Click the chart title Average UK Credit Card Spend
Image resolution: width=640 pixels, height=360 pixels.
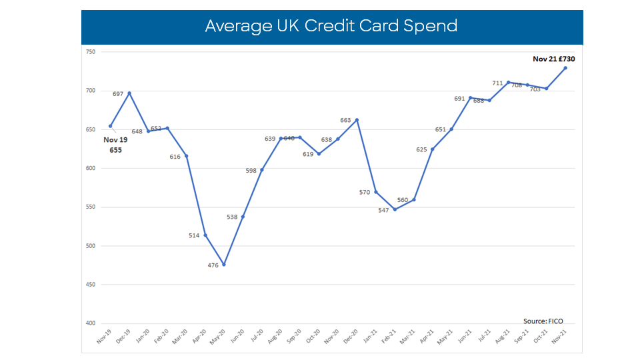coord(331,26)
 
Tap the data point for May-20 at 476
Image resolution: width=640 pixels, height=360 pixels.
coord(224,265)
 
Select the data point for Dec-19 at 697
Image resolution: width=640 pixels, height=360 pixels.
coord(129,93)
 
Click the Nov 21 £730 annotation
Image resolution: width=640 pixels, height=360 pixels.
coord(553,59)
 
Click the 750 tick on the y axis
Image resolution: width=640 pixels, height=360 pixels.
coord(91,52)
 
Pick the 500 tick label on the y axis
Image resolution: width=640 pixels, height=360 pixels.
coord(91,246)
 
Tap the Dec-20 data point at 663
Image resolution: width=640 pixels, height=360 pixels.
coord(357,120)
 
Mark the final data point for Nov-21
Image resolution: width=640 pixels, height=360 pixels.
coord(565,68)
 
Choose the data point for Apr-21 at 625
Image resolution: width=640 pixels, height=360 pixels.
coord(433,149)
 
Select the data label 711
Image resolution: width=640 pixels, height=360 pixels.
coord(497,83)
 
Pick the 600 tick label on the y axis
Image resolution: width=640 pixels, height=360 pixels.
coord(91,169)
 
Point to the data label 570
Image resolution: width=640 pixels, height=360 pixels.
coord(365,192)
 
